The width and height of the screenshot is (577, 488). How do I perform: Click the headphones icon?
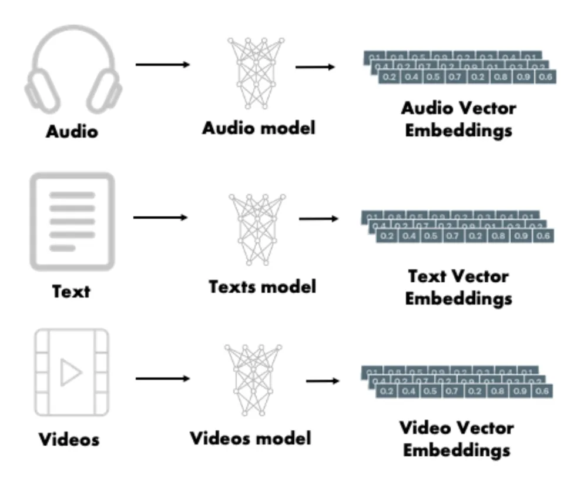pos(73,71)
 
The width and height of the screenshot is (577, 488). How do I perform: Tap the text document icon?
pos(72,221)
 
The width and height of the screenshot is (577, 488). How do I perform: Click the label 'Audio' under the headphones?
pos(72,131)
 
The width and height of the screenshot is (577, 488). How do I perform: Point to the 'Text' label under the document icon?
pos(71,290)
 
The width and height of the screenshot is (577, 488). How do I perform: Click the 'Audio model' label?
pos(259,128)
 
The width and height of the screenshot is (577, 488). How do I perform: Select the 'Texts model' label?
pos(262,286)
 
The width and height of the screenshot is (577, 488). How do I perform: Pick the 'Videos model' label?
pos(250,438)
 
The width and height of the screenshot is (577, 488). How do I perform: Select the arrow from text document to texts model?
pos(160,218)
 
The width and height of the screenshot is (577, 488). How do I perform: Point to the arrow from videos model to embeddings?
pos(323,380)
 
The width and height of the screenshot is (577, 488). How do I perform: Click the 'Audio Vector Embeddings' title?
pos(458,119)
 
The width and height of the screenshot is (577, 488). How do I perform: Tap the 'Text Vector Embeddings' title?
pos(458,287)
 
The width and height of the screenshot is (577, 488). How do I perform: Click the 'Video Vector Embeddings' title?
pos(457,439)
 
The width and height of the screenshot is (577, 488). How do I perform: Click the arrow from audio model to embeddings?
pos(315,67)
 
